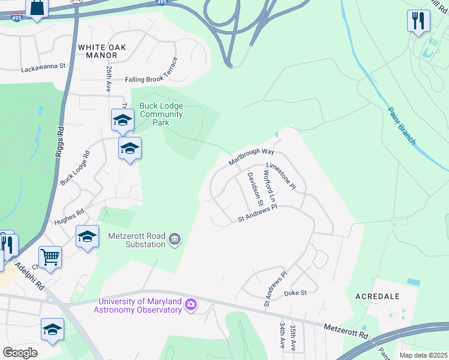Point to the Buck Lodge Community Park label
click(x=161, y=114)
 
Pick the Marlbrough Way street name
click(x=251, y=154)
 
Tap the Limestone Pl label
click(x=281, y=175)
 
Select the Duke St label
click(x=295, y=293)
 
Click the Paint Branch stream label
click(x=402, y=125)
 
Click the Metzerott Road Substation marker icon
click(x=175, y=240)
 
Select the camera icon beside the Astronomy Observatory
click(x=191, y=305)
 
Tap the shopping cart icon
click(x=50, y=257)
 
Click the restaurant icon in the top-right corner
click(x=418, y=20)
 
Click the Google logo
click(x=20, y=352)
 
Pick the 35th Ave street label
click(x=293, y=338)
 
